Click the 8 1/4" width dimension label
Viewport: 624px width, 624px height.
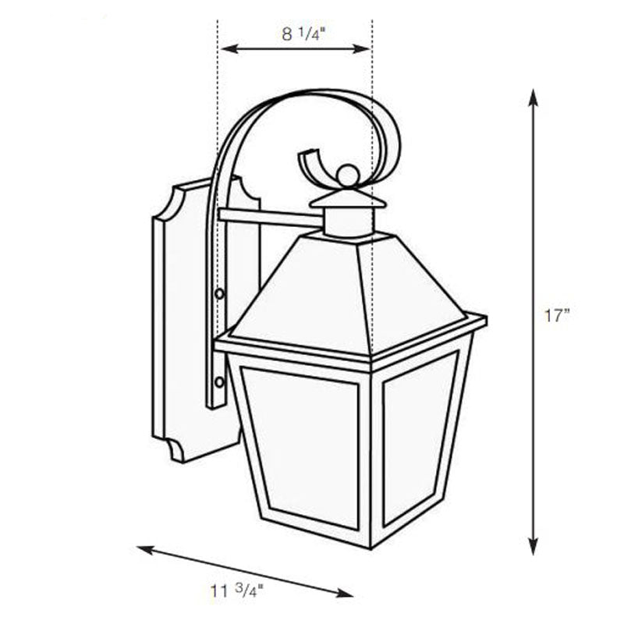pyautogui.click(x=296, y=34)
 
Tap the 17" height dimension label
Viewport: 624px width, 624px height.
pyautogui.click(x=557, y=316)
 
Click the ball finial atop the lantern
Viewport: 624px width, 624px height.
pyautogui.click(x=348, y=175)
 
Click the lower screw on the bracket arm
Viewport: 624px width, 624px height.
pyautogui.click(x=219, y=382)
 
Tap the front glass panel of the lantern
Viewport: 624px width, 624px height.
pyautogui.click(x=301, y=448)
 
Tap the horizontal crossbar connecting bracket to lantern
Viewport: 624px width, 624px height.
pyautogui.click(x=269, y=218)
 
